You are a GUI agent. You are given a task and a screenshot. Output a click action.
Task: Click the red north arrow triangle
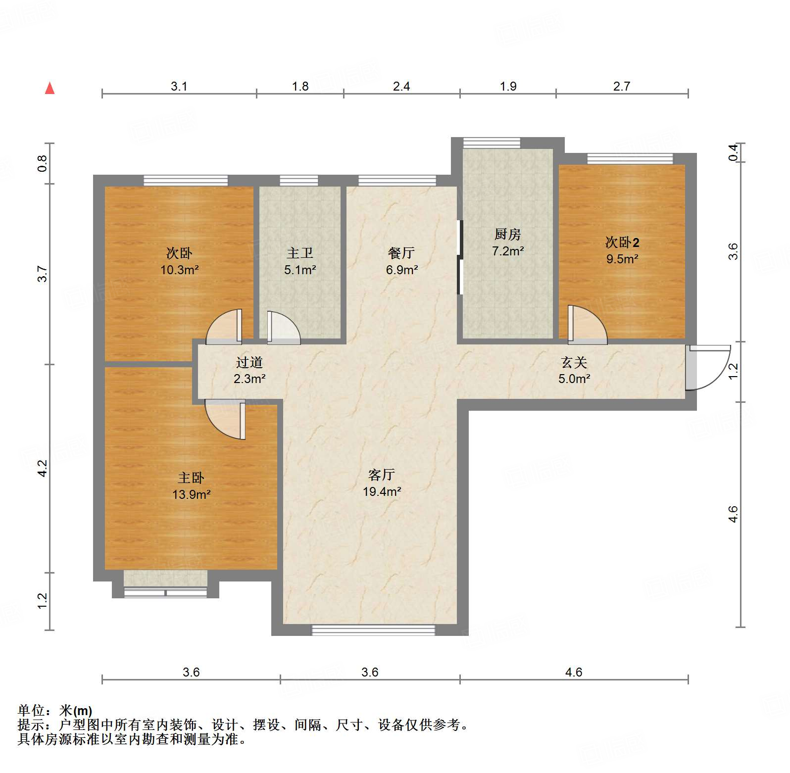click(x=49, y=88)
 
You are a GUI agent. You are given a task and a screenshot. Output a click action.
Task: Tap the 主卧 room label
click(x=191, y=478)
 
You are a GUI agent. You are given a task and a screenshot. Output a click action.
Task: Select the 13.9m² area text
click(x=191, y=494)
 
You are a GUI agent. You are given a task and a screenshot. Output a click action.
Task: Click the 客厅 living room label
click(x=381, y=475)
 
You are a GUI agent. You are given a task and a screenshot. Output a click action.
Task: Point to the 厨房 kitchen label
click(x=508, y=234)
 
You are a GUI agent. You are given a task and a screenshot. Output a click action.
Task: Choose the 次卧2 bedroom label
click(x=622, y=242)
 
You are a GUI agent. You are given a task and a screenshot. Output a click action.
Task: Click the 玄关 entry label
click(x=574, y=362)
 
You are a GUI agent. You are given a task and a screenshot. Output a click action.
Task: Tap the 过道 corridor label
click(x=249, y=362)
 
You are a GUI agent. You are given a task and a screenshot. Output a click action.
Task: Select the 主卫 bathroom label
click(x=300, y=253)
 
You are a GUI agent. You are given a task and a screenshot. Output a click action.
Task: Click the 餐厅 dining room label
click(x=401, y=253)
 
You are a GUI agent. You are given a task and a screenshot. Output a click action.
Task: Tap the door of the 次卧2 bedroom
click(x=587, y=324)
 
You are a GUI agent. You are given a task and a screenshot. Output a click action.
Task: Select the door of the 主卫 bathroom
click(x=284, y=327)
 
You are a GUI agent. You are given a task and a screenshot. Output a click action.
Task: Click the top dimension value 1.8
click(x=300, y=86)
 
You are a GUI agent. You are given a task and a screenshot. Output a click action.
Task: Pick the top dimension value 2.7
click(x=622, y=86)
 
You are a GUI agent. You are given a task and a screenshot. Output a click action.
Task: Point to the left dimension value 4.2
click(x=43, y=468)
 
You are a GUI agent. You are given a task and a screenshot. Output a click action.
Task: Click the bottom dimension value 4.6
click(x=574, y=672)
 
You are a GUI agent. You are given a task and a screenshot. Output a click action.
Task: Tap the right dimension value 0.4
click(x=733, y=152)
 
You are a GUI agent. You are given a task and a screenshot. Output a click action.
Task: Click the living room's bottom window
click(x=373, y=630)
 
